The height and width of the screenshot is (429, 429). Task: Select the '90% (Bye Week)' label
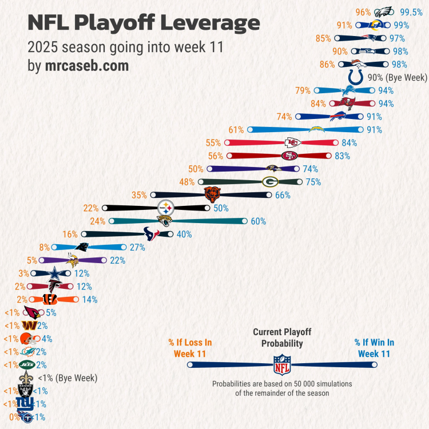(x=398, y=77)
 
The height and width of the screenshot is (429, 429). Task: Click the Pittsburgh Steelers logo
(x=165, y=208)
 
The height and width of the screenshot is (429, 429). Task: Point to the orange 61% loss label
(x=236, y=130)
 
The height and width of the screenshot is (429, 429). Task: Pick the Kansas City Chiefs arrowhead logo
(x=293, y=143)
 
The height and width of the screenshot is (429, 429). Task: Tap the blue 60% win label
(x=259, y=221)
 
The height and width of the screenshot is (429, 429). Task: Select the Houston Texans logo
(x=152, y=233)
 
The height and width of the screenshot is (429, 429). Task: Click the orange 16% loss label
(x=70, y=234)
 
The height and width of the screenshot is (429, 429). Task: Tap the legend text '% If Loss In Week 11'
(x=190, y=348)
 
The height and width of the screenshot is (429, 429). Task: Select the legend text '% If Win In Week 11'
(x=374, y=348)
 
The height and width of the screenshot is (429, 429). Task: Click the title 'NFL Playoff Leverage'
(x=144, y=23)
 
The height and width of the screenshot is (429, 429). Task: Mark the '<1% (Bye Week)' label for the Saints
(x=67, y=378)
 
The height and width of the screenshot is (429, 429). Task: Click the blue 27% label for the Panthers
(x=137, y=247)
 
